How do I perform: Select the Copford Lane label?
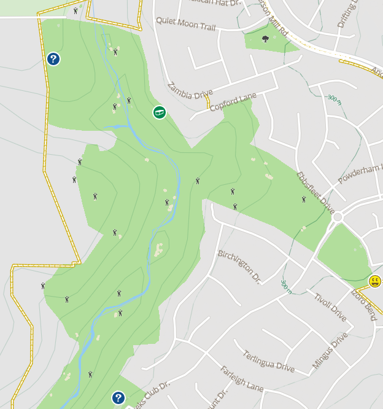click(233, 101)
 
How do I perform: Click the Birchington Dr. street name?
click(239, 266)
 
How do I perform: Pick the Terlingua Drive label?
click(268, 362)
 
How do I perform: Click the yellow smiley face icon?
click(375, 281)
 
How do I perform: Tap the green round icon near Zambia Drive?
click(159, 112)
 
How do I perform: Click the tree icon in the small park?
click(265, 39)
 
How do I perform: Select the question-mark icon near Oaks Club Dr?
click(118, 398)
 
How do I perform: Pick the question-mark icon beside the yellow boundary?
click(53, 59)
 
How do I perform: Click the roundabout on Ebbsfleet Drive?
click(337, 217)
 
